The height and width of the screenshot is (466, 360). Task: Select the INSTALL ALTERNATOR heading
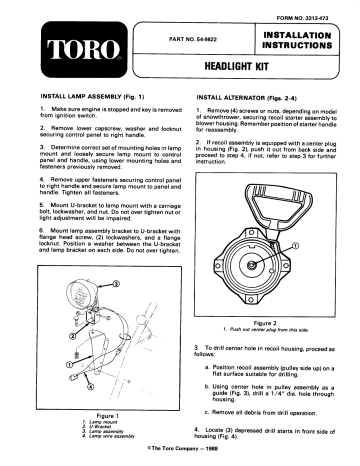point(249,100)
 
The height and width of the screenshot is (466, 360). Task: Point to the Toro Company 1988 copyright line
point(180,448)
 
